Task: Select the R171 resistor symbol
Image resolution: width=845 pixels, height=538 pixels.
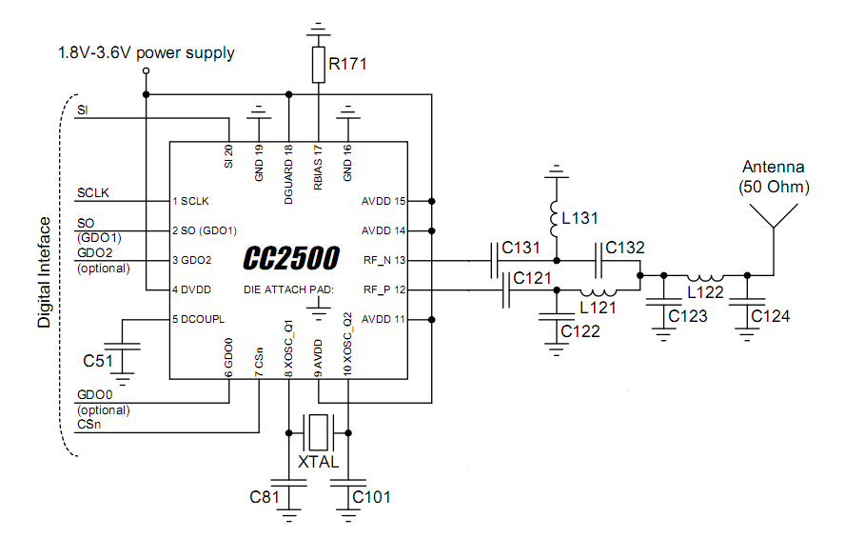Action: pyautogui.click(x=319, y=65)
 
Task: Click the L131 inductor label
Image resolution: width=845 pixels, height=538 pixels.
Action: pyautogui.click(x=581, y=218)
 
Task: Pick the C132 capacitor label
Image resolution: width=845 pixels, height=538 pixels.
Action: pyautogui.click(x=625, y=248)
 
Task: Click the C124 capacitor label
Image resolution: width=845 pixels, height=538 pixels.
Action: pyautogui.click(x=770, y=316)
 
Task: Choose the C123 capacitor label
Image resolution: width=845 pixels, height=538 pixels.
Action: pyautogui.click(x=688, y=316)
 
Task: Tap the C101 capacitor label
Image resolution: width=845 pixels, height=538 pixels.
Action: pyautogui.click(x=371, y=497)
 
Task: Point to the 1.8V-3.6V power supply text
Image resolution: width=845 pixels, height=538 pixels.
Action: pyautogui.click(x=146, y=53)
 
